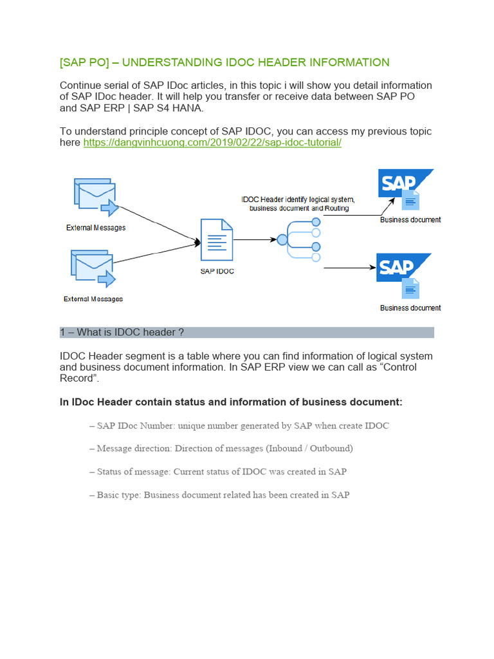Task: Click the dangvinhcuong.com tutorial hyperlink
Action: (212, 142)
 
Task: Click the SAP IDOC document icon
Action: (216, 240)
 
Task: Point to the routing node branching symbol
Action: (299, 240)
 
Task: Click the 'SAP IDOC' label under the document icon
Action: (217, 271)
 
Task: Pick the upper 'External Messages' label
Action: (96, 228)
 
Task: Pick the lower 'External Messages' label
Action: (93, 299)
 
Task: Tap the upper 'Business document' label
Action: (410, 219)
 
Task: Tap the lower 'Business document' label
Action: (410, 308)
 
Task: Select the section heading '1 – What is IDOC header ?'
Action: (122, 332)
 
